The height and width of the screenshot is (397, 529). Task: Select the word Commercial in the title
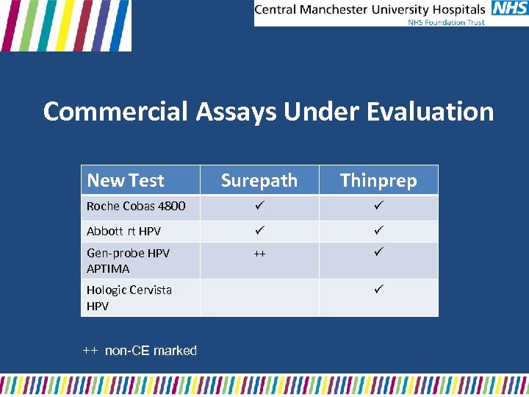[115, 112]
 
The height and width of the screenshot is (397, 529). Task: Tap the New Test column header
[126, 180]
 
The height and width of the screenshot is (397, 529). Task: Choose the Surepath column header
[259, 180]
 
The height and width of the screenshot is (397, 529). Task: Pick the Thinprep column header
[378, 180]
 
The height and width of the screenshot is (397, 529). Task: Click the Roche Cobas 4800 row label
[136, 206]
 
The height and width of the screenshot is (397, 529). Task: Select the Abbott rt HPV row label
[123, 231]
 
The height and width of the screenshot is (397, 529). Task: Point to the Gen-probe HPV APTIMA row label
[128, 260]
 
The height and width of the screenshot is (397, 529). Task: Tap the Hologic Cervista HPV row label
[129, 297]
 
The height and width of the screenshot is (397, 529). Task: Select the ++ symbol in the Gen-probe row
[259, 254]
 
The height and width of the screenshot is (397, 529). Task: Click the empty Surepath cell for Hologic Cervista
[259, 297]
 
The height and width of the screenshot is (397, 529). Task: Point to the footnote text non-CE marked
[151, 351]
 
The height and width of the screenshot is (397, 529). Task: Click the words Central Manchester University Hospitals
[370, 10]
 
